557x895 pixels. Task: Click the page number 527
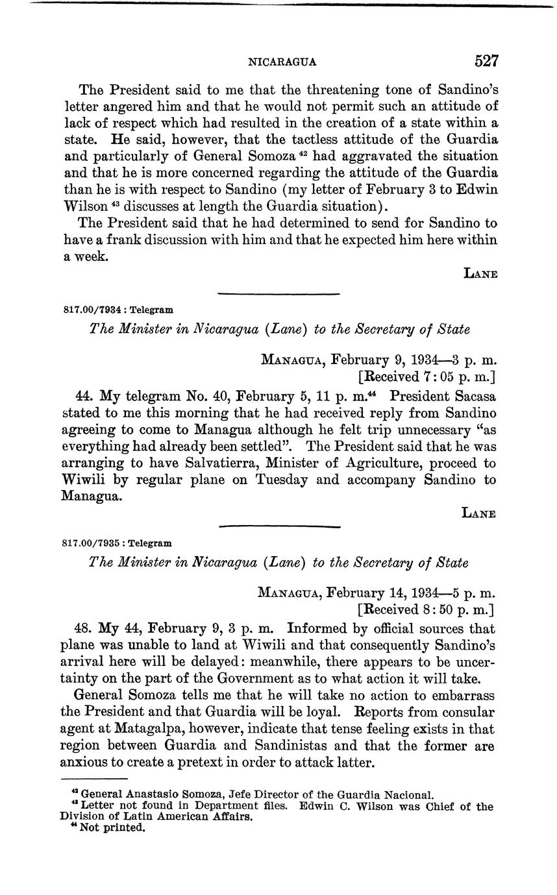pyautogui.click(x=486, y=61)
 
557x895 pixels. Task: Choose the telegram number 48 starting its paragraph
pyautogui.click(x=82, y=629)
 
